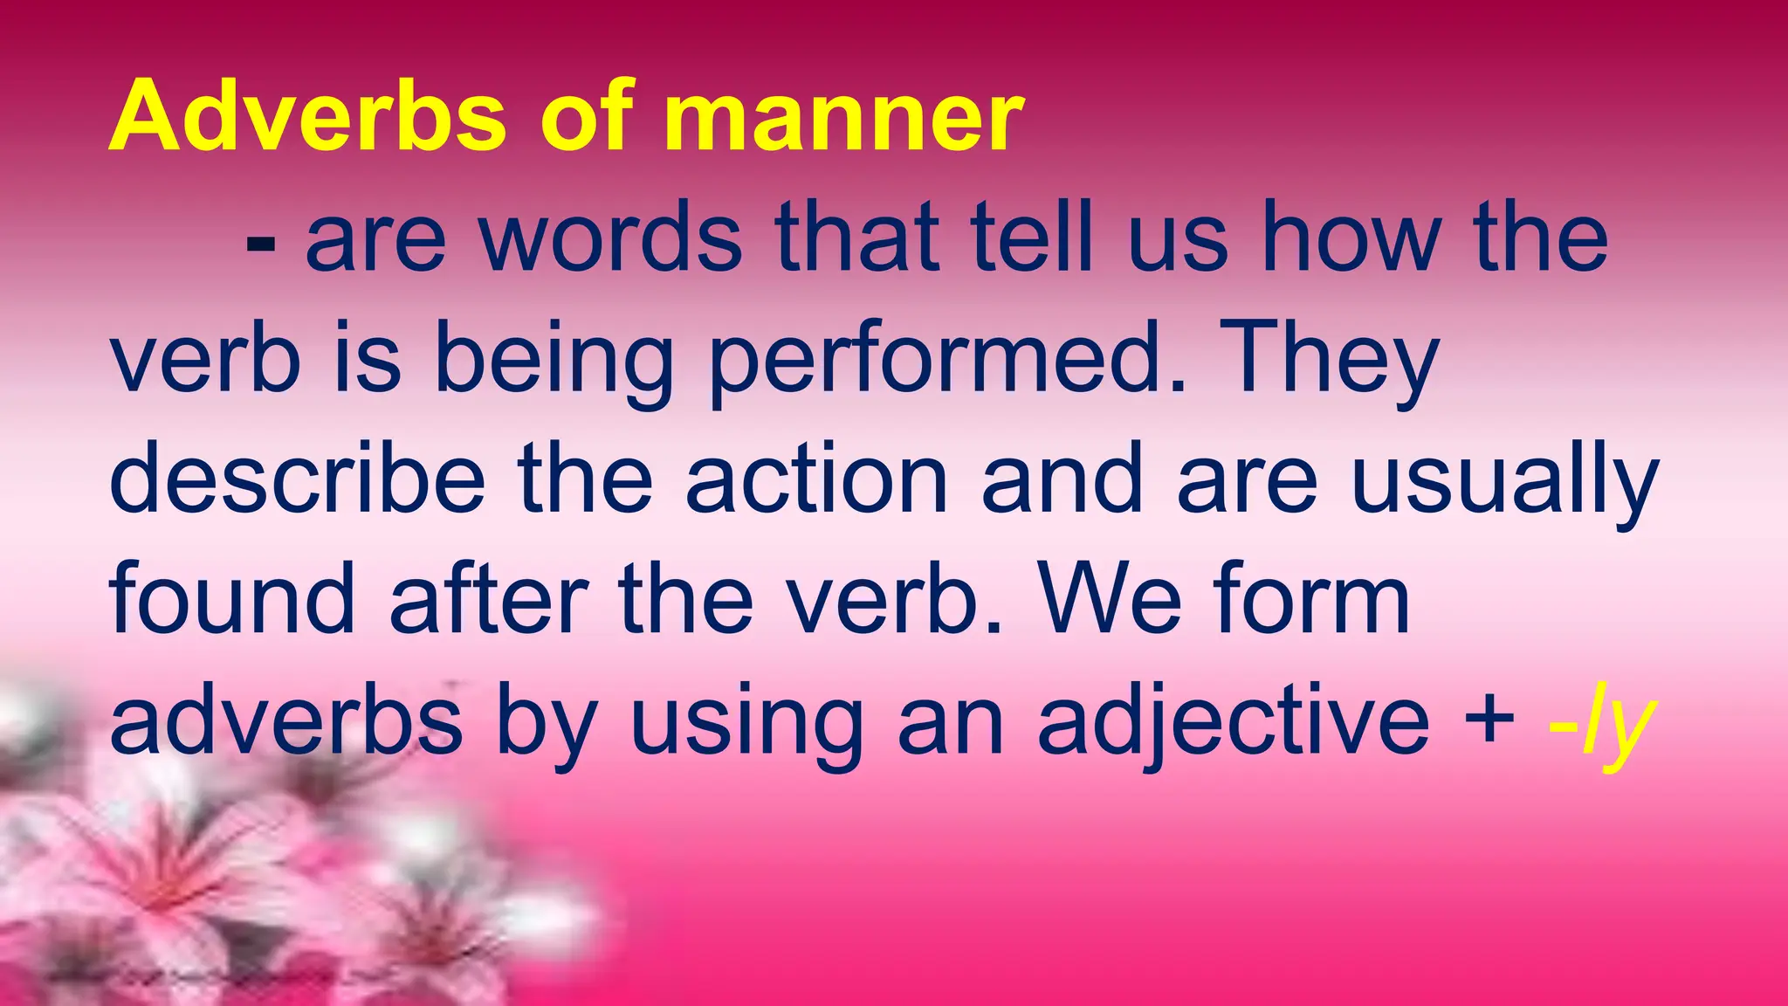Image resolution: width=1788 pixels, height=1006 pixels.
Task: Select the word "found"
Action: [x=232, y=600]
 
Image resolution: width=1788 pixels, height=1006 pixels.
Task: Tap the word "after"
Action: [x=488, y=600]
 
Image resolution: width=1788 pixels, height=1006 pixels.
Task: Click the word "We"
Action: [x=1109, y=600]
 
